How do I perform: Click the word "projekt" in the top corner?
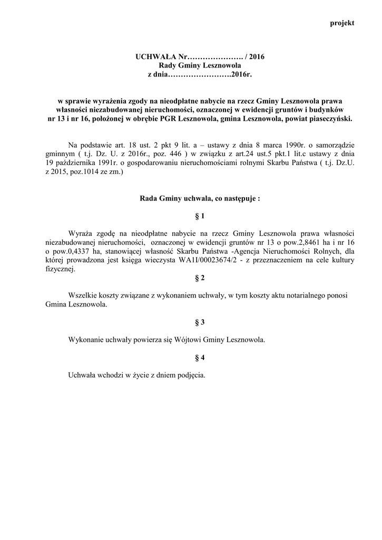click(x=342, y=23)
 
